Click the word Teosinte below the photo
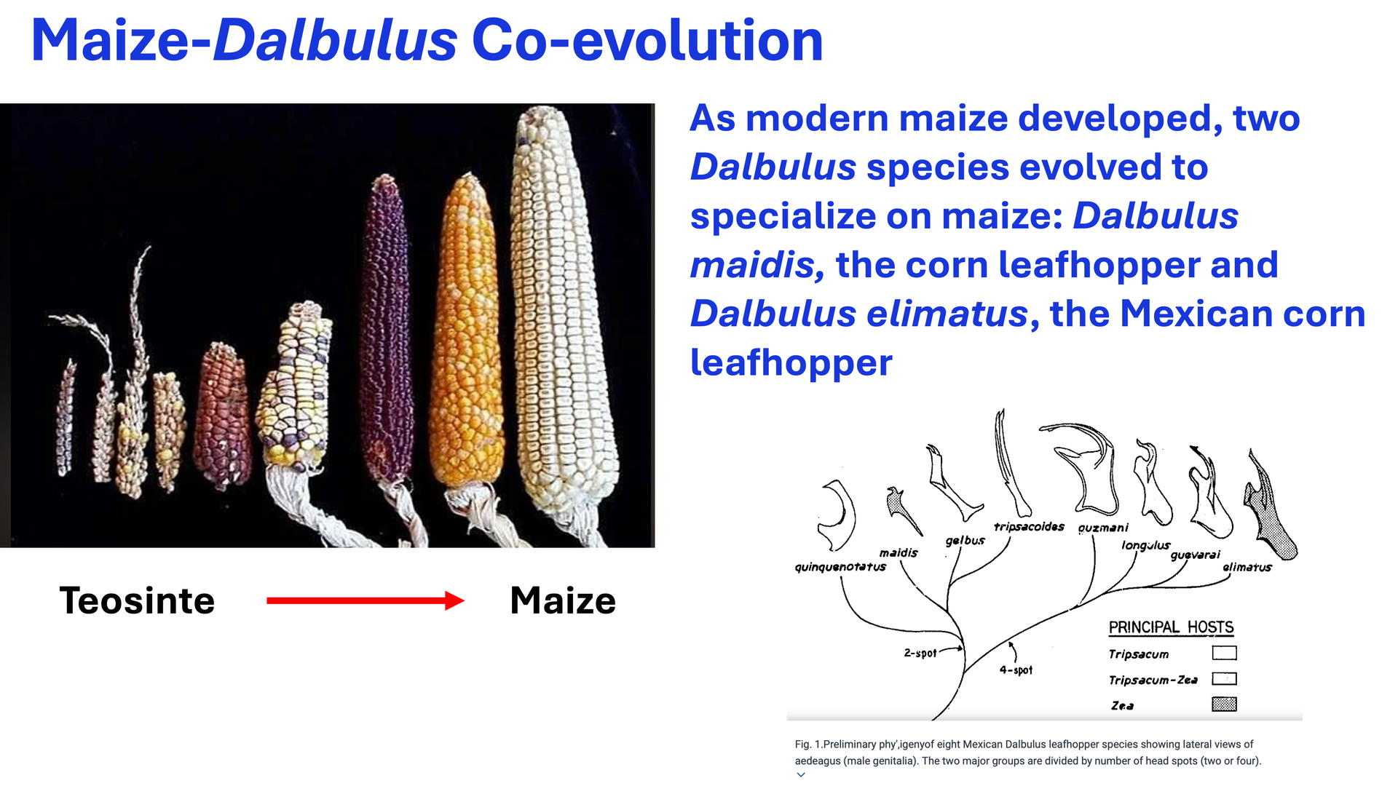137,601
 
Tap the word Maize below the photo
563,601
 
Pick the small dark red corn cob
222,415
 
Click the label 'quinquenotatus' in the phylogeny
840,567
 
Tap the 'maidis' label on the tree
899,553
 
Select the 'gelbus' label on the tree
965,541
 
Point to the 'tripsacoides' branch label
1029,527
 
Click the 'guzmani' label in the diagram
1103,528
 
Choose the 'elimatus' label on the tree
1247,568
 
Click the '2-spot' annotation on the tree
920,654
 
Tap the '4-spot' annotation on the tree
1016,670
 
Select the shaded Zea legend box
1224,704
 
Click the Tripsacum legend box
1224,653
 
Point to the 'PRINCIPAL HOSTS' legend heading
1171,627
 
